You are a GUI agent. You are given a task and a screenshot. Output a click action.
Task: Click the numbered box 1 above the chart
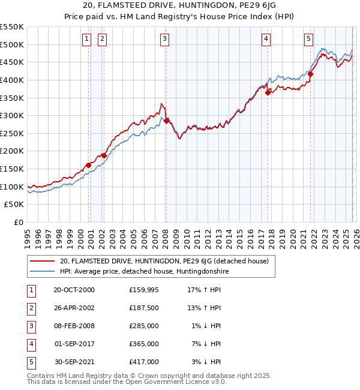click(86, 39)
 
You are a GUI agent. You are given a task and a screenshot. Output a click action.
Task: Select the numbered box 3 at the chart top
click(164, 39)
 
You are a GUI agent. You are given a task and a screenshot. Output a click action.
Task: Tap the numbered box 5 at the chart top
click(308, 39)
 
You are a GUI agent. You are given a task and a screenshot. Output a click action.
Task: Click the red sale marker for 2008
click(166, 121)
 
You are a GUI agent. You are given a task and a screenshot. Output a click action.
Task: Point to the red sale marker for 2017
click(268, 92)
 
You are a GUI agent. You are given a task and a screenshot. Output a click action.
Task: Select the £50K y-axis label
click(14, 205)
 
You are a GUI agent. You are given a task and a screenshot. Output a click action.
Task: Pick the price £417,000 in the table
click(143, 362)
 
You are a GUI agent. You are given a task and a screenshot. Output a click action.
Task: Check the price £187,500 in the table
click(143, 308)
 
